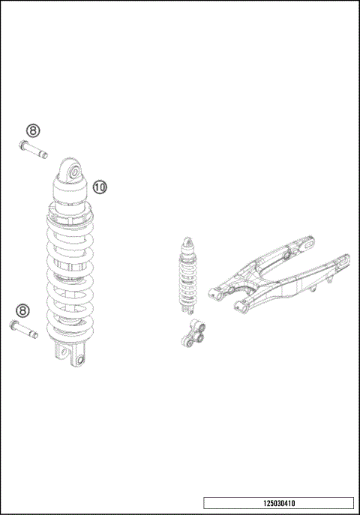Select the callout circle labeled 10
[100, 185]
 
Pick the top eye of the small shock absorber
[189, 241]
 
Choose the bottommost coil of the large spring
[72, 330]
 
